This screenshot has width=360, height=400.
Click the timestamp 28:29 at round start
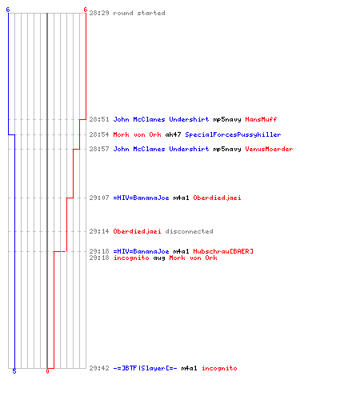tap(99, 13)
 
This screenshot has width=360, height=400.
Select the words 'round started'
tap(139, 13)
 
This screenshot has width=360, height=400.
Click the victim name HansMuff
tap(261, 119)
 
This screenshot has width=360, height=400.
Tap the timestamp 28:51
tap(99, 119)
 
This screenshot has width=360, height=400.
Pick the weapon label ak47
tap(173, 134)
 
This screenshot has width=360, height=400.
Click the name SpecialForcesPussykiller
tap(233, 134)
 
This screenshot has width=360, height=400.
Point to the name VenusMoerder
tap(269, 149)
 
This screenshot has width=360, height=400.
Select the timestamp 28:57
tap(99, 149)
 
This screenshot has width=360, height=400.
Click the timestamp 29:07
tap(99, 198)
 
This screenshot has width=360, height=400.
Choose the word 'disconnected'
tap(189, 231)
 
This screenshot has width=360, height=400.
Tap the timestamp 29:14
tap(99, 231)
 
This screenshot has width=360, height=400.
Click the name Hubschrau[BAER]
tap(223, 251)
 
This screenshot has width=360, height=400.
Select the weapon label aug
tap(159, 258)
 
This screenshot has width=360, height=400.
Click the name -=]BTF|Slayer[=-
tap(145, 368)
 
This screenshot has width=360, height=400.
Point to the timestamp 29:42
tap(99, 368)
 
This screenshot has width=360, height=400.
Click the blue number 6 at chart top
tap(8, 10)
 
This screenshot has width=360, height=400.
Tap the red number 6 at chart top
tap(86, 10)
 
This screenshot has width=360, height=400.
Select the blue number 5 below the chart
tap(14, 371)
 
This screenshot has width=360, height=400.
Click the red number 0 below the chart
tap(47, 371)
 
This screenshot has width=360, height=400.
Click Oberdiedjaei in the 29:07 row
tap(217, 198)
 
